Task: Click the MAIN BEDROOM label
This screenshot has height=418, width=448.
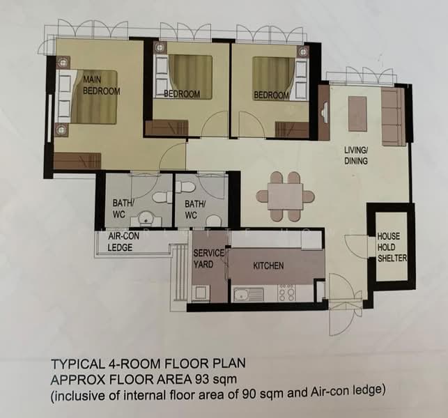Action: click(101, 85)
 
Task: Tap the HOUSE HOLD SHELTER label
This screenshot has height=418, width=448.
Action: click(392, 247)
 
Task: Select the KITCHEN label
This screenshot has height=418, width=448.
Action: click(268, 265)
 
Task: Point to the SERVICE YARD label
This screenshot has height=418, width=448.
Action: click(208, 258)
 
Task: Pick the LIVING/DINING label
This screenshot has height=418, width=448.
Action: click(356, 155)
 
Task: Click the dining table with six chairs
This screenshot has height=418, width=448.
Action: click(285, 196)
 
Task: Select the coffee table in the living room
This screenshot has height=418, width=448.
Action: click(357, 114)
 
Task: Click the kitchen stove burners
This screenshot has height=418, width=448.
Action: click(286, 293)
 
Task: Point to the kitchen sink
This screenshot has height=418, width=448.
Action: click(248, 295)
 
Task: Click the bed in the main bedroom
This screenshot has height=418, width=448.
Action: click(88, 97)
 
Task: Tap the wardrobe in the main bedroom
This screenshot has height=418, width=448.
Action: click(77, 160)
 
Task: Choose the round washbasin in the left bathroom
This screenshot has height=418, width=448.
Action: click(146, 218)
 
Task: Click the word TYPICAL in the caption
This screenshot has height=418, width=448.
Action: click(77, 364)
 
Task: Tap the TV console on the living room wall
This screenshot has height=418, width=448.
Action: click(324, 112)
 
